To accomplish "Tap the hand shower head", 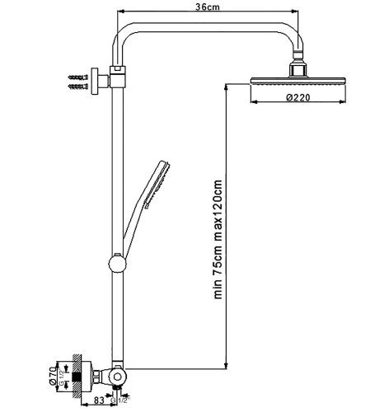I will click(159, 175).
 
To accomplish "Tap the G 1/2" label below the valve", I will click(124, 400).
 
